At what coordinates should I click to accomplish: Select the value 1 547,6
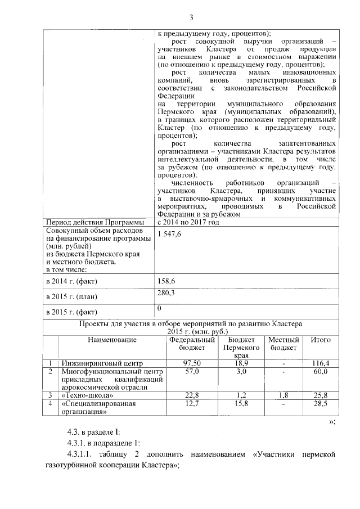click(170, 234)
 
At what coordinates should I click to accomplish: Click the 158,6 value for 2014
click(168, 280)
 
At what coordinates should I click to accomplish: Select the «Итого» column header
click(320, 340)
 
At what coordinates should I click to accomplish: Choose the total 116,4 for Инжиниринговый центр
click(320, 363)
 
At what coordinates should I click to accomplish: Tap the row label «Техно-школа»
click(84, 395)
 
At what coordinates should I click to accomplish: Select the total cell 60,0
click(320, 372)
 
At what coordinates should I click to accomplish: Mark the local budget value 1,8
click(282, 395)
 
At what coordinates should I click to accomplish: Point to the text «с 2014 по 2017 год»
click(189, 222)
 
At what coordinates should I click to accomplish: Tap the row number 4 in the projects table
click(51, 404)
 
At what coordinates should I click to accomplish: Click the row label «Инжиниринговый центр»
click(103, 363)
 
